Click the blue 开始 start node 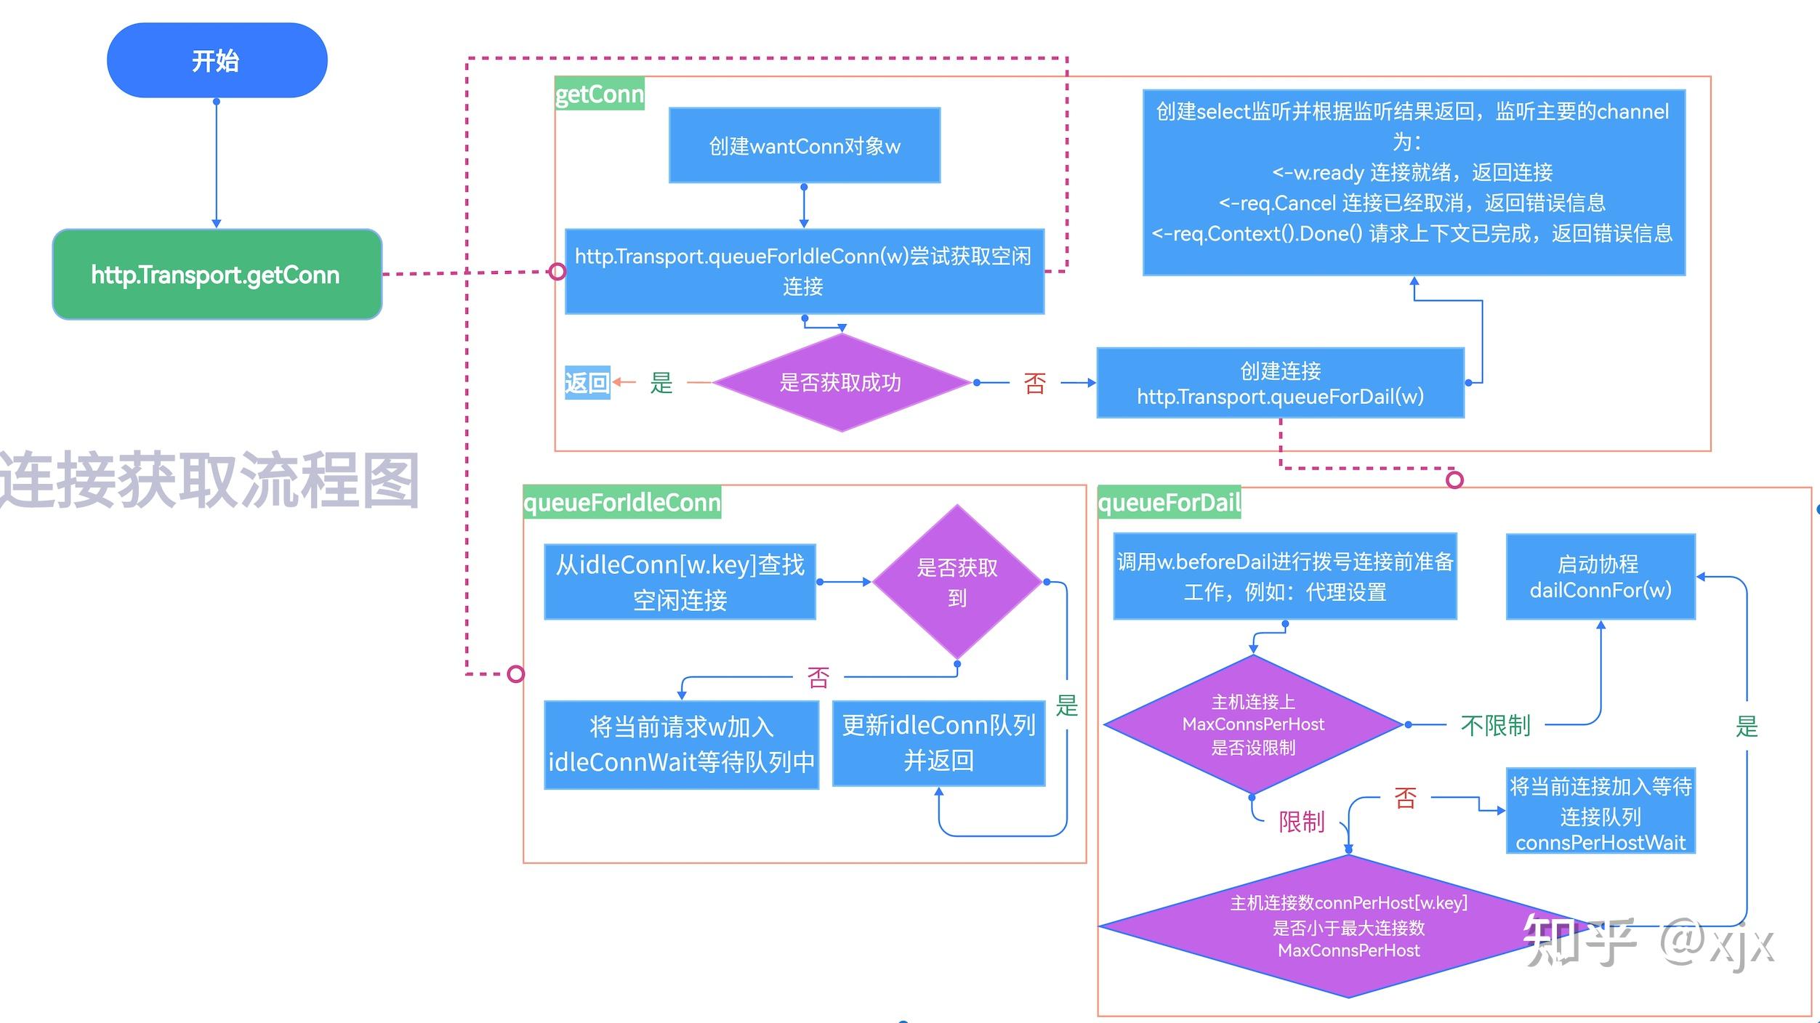217,60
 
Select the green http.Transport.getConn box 217,275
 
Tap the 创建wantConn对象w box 804,146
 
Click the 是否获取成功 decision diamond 841,382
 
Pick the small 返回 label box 587,382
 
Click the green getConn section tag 599,94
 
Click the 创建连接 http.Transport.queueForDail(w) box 1280,383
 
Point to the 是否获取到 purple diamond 957,582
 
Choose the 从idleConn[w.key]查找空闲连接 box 680,582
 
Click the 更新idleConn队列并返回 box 938,743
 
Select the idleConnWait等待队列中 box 681,745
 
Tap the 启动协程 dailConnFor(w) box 1600,577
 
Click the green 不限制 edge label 1495,725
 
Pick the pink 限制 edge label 1301,822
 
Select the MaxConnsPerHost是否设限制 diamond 1253,724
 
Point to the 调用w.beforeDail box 1284,576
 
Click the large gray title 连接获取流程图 209,480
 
